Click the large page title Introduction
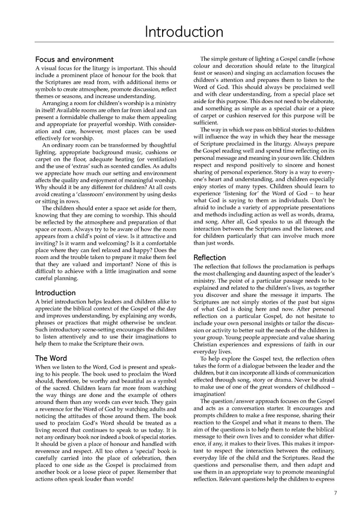click(x=183, y=32)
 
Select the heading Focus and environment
click(x=74, y=60)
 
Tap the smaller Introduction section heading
click(x=56, y=293)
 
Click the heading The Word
click(x=51, y=358)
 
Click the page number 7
click(x=336, y=493)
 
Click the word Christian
click(x=208, y=344)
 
